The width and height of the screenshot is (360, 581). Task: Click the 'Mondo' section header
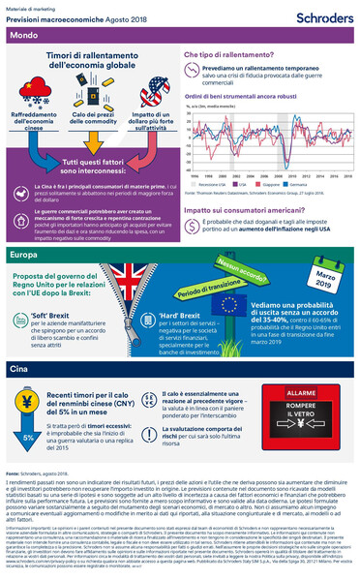[24, 36]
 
